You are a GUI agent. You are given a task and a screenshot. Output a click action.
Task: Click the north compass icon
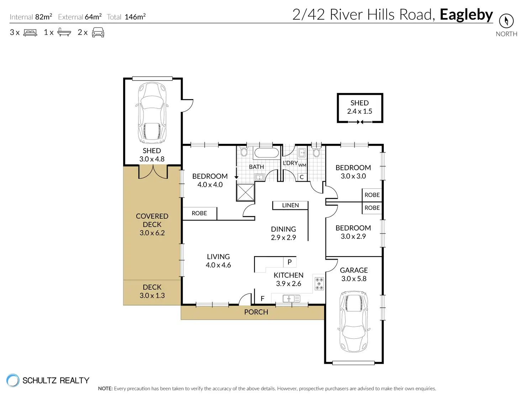506,21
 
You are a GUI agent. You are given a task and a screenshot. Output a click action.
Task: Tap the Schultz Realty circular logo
13,380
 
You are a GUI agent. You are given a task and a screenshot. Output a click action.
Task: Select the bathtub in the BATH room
266,153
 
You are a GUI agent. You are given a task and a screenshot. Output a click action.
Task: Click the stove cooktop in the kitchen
319,284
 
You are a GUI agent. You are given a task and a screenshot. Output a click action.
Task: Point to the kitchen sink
291,299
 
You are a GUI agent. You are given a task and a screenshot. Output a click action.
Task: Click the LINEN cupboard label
290,205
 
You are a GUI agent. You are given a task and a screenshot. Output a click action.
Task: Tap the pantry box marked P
289,262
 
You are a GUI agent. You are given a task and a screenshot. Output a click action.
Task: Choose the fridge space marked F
263,299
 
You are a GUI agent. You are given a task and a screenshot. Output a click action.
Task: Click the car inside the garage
354,321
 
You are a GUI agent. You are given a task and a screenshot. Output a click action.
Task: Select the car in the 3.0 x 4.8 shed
152,113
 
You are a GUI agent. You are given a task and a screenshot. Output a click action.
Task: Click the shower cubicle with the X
245,192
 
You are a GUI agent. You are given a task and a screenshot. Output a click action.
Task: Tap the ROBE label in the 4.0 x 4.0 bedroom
199,213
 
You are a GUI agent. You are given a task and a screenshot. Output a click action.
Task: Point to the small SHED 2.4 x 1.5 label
360,107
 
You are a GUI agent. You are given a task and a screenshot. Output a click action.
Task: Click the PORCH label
256,312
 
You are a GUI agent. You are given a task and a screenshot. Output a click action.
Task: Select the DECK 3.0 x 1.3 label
152,291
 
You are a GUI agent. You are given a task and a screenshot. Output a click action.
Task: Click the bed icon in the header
30,32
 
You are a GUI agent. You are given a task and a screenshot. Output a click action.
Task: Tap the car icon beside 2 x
98,32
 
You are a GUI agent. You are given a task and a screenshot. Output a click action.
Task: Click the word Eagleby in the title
466,15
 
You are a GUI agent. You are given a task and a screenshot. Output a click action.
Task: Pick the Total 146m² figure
126,17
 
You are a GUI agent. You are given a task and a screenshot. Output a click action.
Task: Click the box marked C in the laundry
302,177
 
